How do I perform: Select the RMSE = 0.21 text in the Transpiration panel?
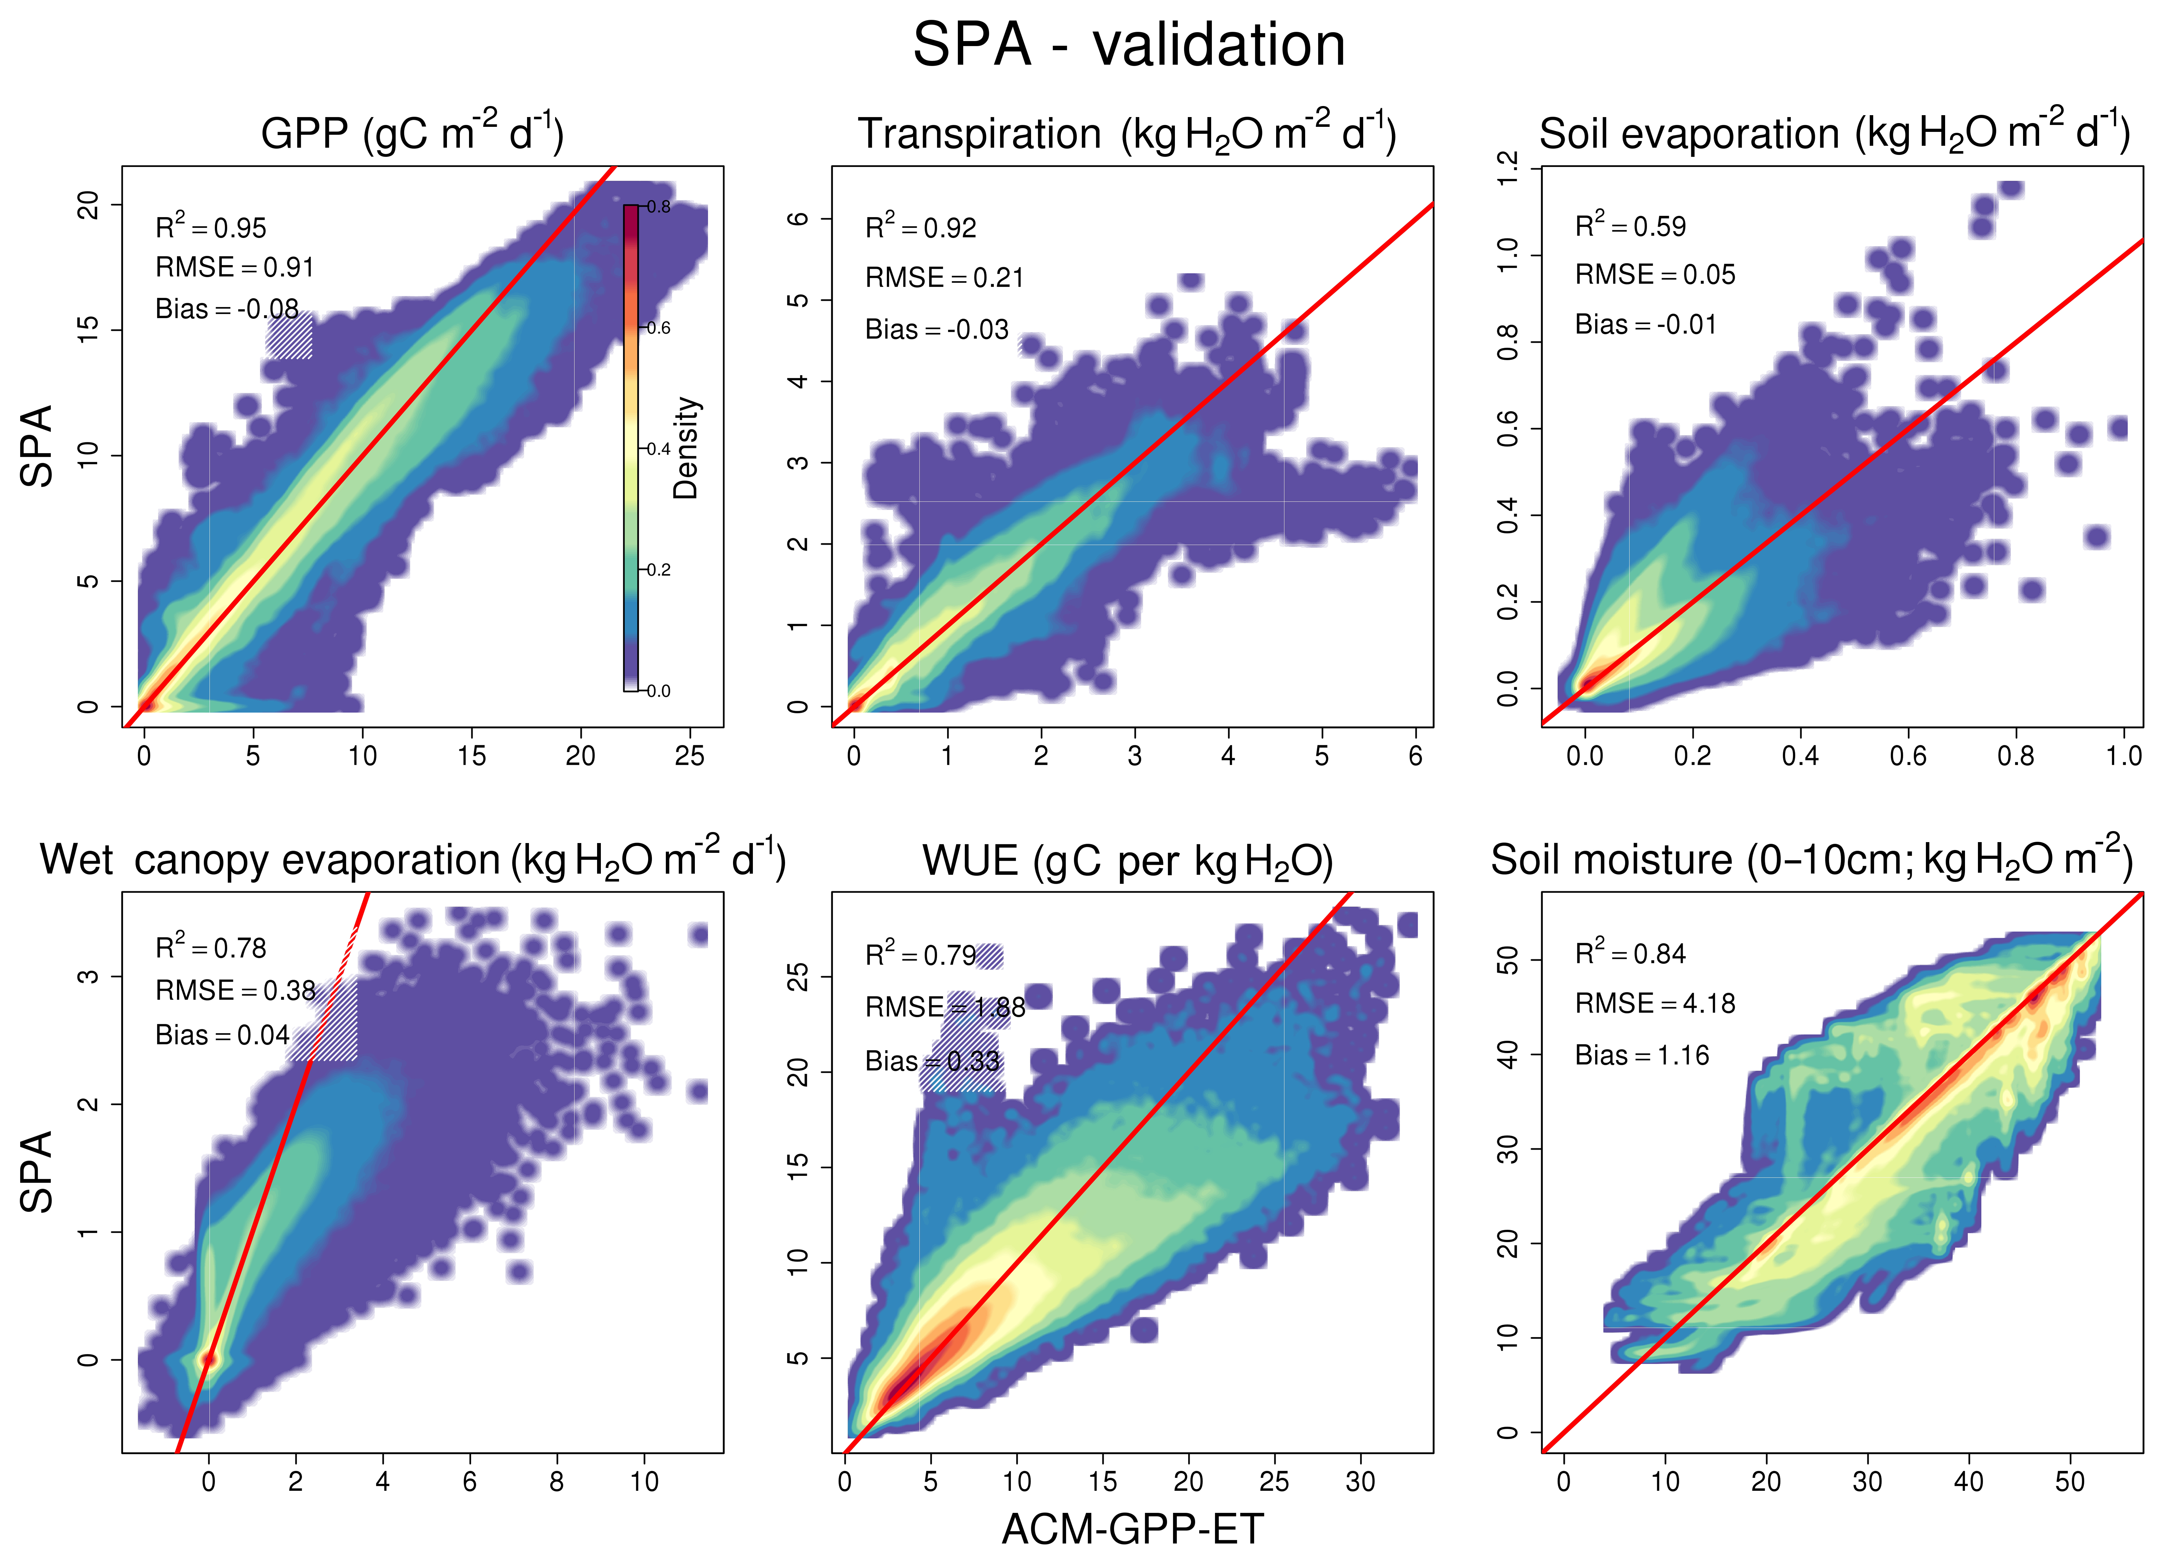[x=944, y=278]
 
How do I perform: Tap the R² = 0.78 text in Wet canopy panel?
[x=211, y=948]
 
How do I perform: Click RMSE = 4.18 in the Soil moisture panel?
[x=1655, y=1004]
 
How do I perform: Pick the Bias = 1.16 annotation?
[x=1642, y=1055]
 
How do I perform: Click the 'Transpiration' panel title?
[x=979, y=134]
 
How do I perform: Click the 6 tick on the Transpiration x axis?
[x=1415, y=756]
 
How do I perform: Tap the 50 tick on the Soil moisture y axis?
[x=1508, y=959]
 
